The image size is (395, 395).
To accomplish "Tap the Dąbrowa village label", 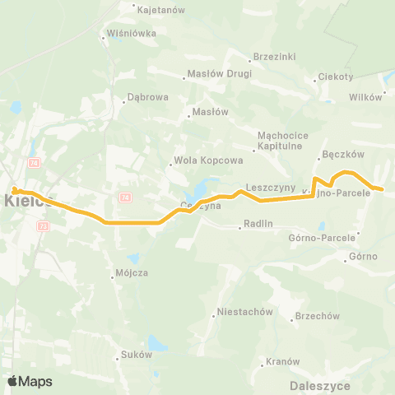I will pos(148,96).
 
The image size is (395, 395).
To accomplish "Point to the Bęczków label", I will pos(341,154).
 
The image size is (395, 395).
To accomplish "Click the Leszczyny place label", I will pos(270,188).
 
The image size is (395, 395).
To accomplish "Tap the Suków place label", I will pos(137,355).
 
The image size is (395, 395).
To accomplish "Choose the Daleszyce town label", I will pos(321,384).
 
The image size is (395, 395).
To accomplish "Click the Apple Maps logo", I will pos(30,381).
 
